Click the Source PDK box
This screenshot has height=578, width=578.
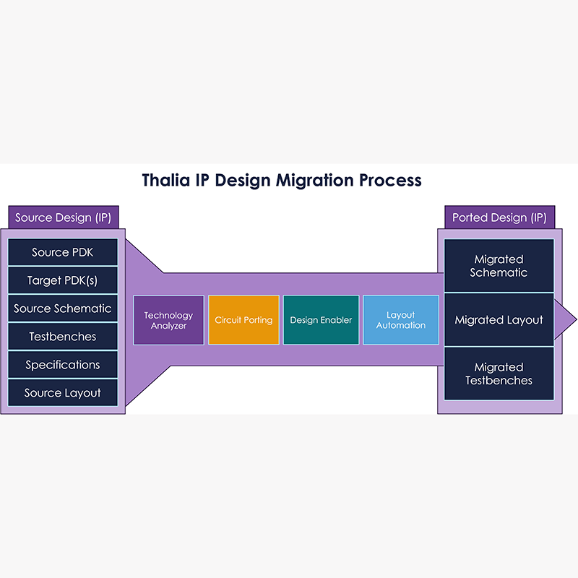63,253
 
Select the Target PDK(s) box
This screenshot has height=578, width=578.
63,280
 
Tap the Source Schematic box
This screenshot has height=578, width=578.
63,309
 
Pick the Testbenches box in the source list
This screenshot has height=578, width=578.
63,337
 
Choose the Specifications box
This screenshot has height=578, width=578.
63,365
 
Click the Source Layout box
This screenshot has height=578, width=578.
63,393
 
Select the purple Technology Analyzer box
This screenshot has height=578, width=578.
168,320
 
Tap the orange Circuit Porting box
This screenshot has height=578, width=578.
243,320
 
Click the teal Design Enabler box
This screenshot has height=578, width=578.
321,320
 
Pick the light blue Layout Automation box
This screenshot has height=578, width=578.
400,320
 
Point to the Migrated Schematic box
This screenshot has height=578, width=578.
499,266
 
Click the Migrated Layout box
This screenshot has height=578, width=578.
499,320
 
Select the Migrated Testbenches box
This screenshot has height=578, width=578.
499,374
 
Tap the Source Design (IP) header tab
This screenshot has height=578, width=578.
64,217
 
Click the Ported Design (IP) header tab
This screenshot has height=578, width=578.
499,217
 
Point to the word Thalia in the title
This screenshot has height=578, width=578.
166,180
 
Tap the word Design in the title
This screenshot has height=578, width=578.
241,181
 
